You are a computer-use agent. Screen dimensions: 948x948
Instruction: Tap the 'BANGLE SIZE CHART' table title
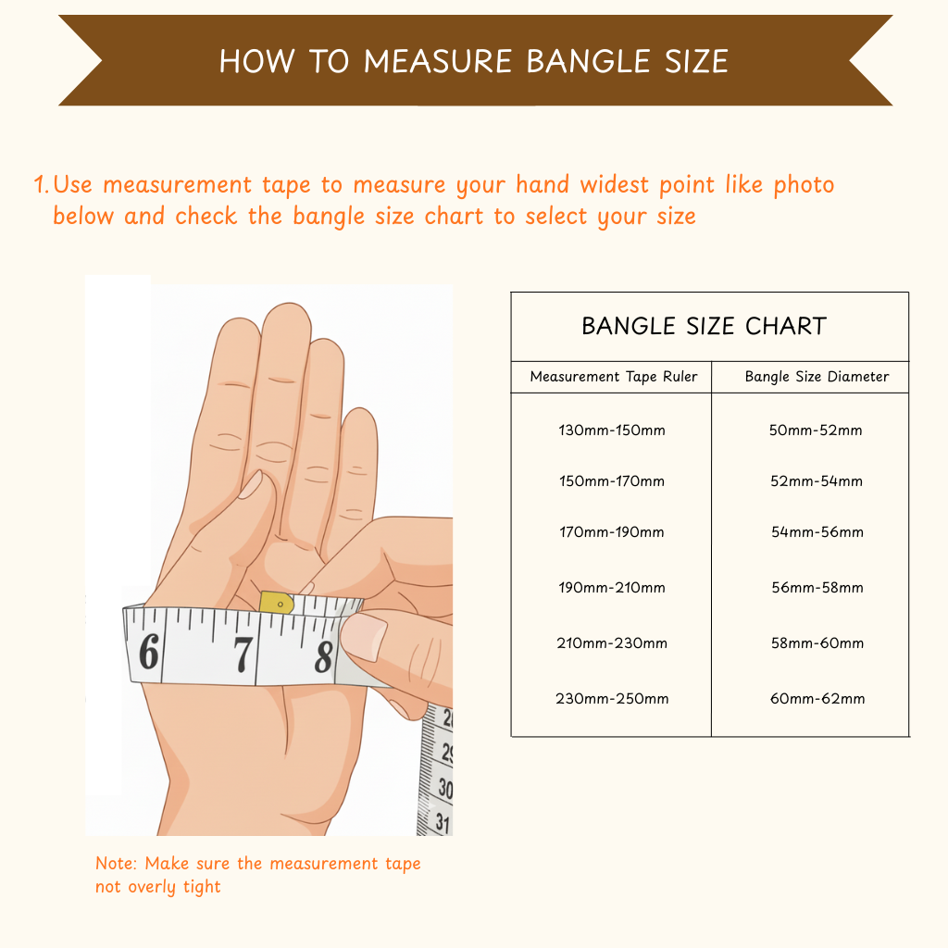pos(704,326)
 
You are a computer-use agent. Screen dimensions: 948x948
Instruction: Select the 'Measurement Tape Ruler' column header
pos(614,377)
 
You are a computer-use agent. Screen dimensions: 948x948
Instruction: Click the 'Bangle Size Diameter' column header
pos(817,377)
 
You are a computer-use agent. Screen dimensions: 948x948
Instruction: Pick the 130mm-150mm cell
pos(612,430)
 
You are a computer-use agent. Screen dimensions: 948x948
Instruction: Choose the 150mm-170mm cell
pos(612,481)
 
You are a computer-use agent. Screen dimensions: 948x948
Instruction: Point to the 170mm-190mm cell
pos(612,532)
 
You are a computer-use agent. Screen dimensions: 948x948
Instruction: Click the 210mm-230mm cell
pos(612,642)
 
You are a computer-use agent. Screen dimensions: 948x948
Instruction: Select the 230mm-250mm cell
pos(612,698)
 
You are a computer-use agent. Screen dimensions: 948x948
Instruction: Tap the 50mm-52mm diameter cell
pos(816,430)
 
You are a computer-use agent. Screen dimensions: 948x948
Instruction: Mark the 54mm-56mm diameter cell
pos(817,532)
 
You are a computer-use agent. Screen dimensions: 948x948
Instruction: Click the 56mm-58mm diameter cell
pos(817,587)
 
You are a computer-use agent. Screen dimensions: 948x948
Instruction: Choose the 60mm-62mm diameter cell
pos(817,698)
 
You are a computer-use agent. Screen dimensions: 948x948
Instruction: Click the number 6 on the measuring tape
pos(149,651)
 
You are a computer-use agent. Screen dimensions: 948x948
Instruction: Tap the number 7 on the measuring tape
pos(243,655)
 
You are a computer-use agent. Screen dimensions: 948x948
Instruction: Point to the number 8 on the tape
pos(324,656)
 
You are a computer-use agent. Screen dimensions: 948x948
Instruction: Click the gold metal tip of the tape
pos(276,603)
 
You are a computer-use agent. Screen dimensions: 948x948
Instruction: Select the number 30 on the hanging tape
pos(445,789)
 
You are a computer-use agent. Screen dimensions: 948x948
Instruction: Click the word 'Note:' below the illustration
pos(117,864)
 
